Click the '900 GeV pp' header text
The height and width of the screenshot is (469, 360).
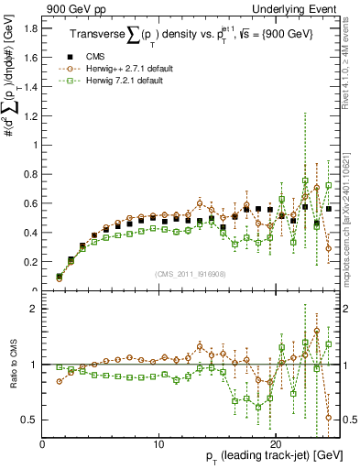pyautogui.click(x=73, y=7)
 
